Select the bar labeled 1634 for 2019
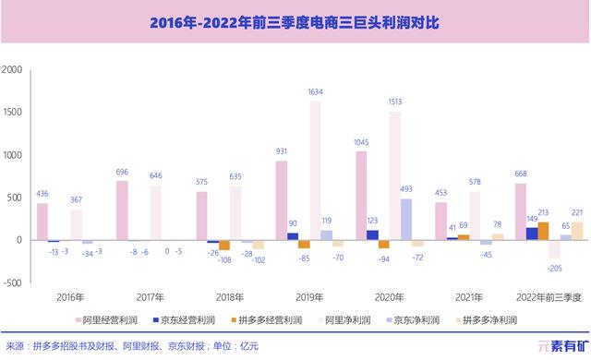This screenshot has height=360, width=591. pos(315,171)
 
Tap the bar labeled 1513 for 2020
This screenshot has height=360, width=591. pos(395,175)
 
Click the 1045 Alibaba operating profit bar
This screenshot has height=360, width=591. pos(361,196)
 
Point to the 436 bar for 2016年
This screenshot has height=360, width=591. pos(42,222)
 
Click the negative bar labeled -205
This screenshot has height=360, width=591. pos(554,249)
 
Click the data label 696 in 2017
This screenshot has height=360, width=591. pos(121,173)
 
